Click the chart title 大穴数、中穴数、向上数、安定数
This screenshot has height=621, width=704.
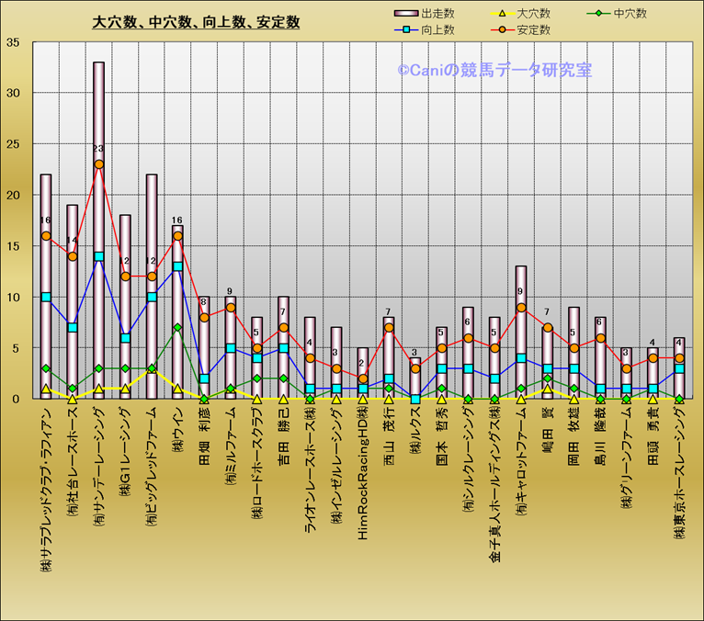point(196,22)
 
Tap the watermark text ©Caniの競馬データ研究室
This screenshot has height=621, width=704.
point(494,70)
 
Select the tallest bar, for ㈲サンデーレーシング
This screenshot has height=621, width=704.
point(98,230)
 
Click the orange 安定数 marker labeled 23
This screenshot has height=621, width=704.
point(98,164)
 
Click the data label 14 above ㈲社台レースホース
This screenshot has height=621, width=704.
point(72,241)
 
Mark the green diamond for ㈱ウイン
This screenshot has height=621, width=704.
point(177,328)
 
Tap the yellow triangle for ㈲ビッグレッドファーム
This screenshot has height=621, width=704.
point(152,369)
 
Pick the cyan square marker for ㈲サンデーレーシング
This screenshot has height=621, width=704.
point(98,256)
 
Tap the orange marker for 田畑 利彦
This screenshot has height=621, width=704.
point(204,318)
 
